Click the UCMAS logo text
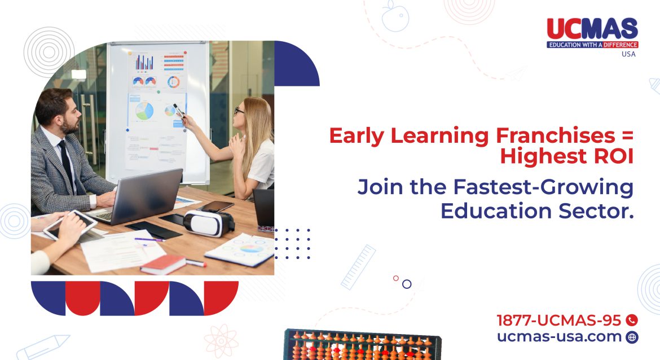coord(592,28)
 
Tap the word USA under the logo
coord(628,54)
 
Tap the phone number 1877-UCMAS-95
coord(559,321)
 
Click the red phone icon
coord(632,321)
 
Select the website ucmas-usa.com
coord(559,337)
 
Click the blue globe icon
coord(632,337)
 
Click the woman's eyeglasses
coord(239,111)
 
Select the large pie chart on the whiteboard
coord(144,110)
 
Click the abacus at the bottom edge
coord(361,345)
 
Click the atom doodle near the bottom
coord(221,341)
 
